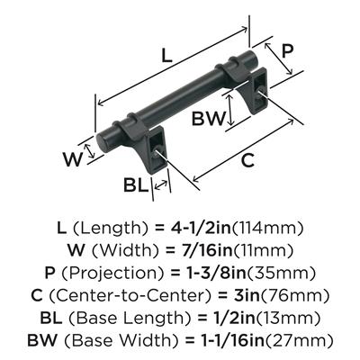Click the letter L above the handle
tap(166, 55)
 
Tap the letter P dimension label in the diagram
tap(287, 51)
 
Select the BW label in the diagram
tap(208, 118)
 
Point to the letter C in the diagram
tap(247, 160)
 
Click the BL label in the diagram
tap(136, 185)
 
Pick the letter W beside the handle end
tap(73, 159)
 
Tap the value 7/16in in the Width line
tap(202, 250)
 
